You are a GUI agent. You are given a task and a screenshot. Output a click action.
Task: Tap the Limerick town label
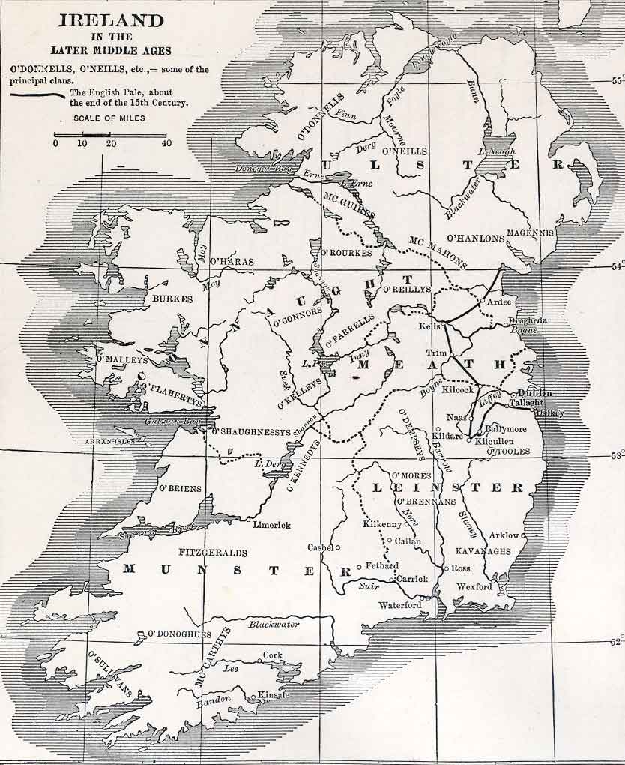pos(271,525)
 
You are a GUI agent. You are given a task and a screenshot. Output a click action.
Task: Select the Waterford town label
pos(400,605)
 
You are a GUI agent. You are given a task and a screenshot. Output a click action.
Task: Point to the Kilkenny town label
pos(382,524)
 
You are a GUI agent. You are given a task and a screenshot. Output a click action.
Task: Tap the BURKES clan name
pos(172,298)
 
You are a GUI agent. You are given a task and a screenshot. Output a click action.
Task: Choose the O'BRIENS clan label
pos(180,489)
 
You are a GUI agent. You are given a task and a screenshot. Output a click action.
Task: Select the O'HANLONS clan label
pos(477,238)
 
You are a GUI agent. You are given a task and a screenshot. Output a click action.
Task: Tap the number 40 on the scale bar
pos(166,144)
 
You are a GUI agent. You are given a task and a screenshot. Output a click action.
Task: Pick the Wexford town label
pos(474,586)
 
